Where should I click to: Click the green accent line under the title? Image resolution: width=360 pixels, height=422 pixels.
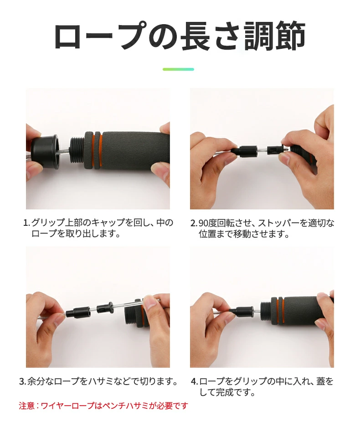point(178,69)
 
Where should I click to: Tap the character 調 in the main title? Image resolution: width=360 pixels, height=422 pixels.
point(259,36)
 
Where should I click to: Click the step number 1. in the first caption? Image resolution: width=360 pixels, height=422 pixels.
point(26,223)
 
